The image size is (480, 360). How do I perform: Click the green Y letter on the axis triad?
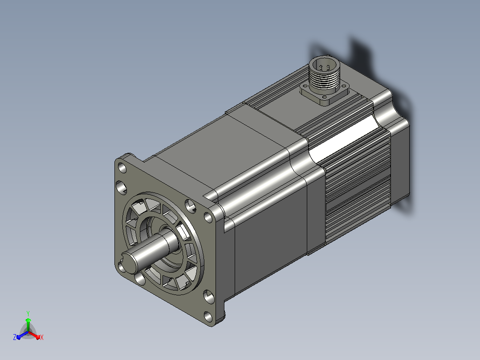coord(28,313)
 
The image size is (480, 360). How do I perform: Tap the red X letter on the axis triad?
coord(42,337)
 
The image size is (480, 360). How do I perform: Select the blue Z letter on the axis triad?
coord(14,337)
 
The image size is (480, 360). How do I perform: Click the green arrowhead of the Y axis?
coord(28,320)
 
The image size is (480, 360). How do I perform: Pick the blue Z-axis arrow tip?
coord(18,337)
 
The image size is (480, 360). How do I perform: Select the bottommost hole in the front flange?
coord(208,317)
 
